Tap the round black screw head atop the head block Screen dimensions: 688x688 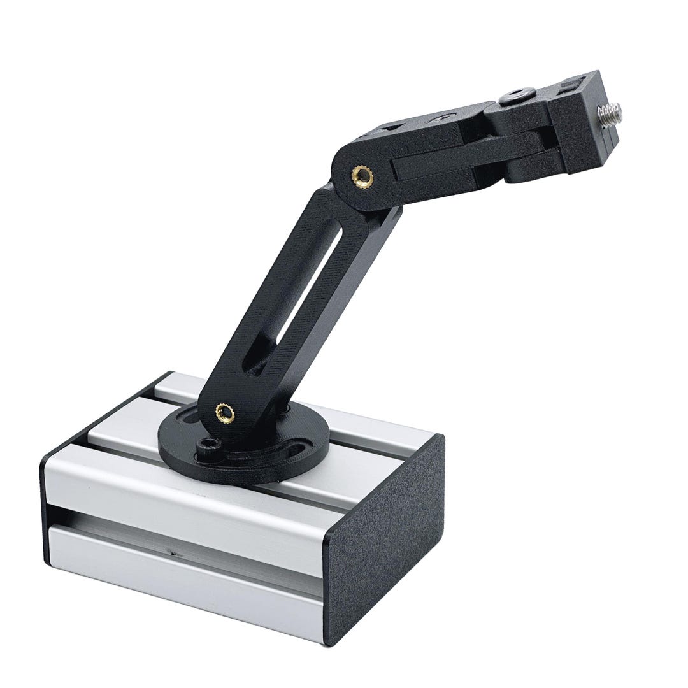[x=513, y=97]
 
